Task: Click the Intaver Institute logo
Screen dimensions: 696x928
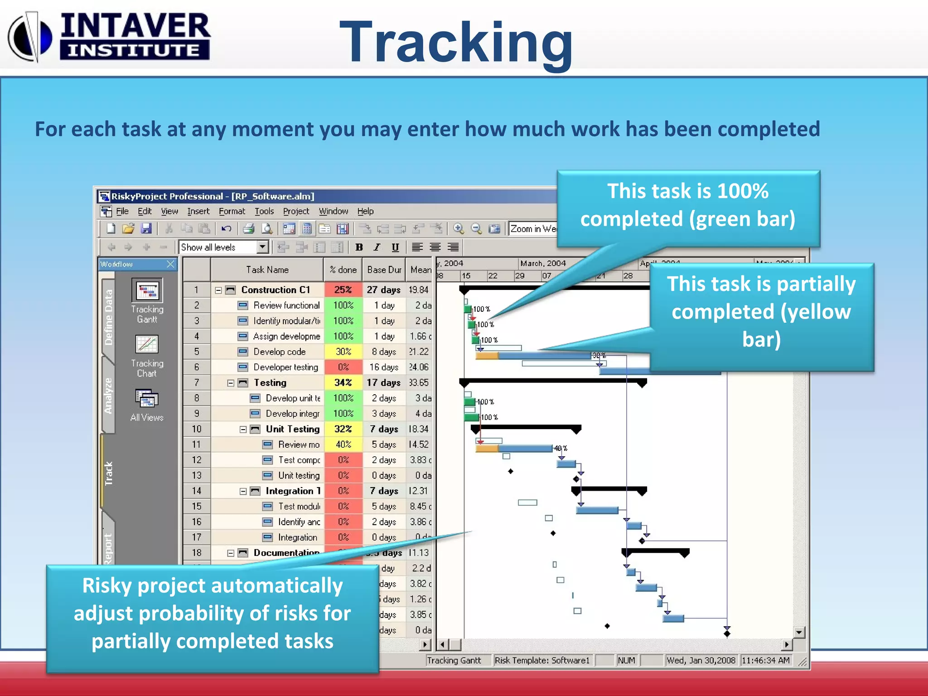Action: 109,36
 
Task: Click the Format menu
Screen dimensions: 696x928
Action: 232,211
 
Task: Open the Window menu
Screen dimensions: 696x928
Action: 333,211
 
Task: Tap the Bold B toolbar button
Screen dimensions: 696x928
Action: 359,247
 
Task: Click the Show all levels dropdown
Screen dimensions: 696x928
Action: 223,247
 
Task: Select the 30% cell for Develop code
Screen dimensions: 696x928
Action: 343,352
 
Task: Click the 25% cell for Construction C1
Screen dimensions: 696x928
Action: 343,290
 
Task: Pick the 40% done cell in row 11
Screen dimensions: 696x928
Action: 343,445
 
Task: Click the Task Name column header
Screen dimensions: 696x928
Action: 267,270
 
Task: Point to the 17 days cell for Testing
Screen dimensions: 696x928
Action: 383,382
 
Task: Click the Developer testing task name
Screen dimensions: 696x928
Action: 285,367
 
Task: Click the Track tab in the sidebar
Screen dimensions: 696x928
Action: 108,473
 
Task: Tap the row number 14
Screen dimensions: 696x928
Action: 196,491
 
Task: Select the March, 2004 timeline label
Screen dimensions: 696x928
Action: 542,263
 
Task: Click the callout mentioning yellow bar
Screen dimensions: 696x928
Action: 761,312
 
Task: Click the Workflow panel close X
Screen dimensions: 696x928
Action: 170,264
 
